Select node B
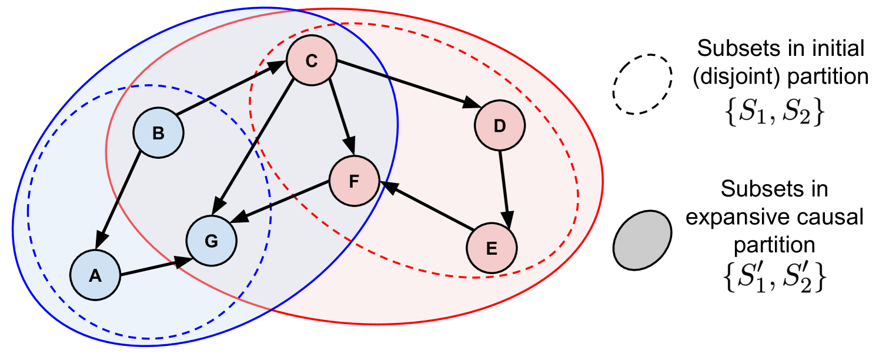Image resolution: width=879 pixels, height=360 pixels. click(x=158, y=134)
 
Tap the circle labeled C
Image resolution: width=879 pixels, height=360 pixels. click(x=311, y=61)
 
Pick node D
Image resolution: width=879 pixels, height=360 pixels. click(x=499, y=126)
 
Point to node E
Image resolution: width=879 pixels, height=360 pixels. click(x=492, y=248)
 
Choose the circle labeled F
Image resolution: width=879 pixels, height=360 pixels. click(x=354, y=181)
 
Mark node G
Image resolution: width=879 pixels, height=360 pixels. click(x=211, y=241)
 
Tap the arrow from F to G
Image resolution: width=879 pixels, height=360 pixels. click(x=280, y=203)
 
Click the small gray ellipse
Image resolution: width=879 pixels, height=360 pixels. click(x=642, y=240)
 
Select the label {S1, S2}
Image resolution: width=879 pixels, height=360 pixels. click(x=774, y=111)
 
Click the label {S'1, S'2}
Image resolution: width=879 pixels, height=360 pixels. click(x=774, y=277)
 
